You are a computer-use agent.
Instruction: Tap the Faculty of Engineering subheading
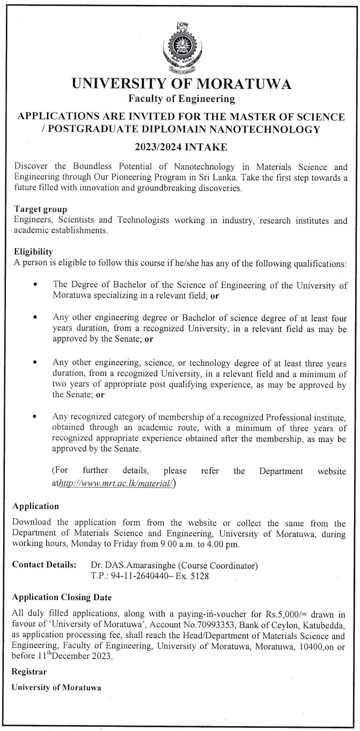pyautogui.click(x=181, y=99)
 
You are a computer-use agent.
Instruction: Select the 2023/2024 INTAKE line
pyautogui.click(x=181, y=146)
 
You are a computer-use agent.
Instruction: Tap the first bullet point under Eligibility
pyautogui.click(x=35, y=285)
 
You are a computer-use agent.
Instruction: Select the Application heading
pyautogui.click(x=35, y=506)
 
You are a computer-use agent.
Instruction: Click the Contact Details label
pyautogui.click(x=43, y=565)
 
